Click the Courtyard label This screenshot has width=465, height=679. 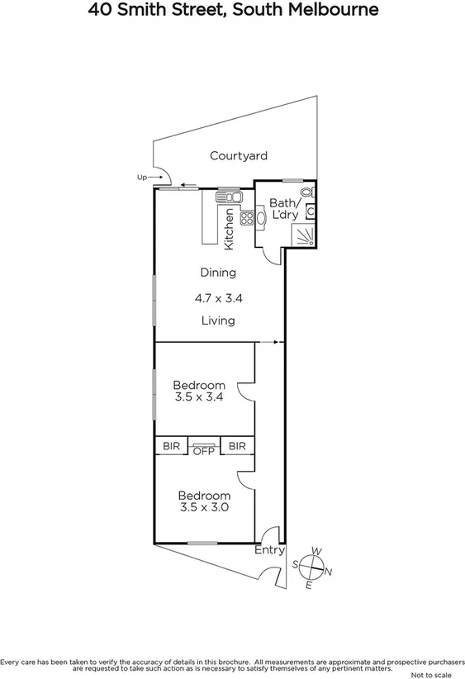pos(238,155)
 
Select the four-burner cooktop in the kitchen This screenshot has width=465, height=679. pos(245,219)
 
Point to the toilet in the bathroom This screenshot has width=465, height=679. pos(307,192)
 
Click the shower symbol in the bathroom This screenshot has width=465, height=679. pos(306,237)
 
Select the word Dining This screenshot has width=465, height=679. pos(218,273)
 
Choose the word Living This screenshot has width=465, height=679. pos(218,321)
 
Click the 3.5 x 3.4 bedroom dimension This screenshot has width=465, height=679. pos(198,396)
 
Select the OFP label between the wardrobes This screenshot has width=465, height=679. pos(203,450)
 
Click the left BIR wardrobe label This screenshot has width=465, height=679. pos(170,446)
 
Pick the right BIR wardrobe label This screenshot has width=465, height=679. pos(237,446)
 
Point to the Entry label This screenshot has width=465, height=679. pos(269,550)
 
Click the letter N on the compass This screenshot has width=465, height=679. pos(328,572)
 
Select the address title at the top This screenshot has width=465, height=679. pos(232,11)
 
